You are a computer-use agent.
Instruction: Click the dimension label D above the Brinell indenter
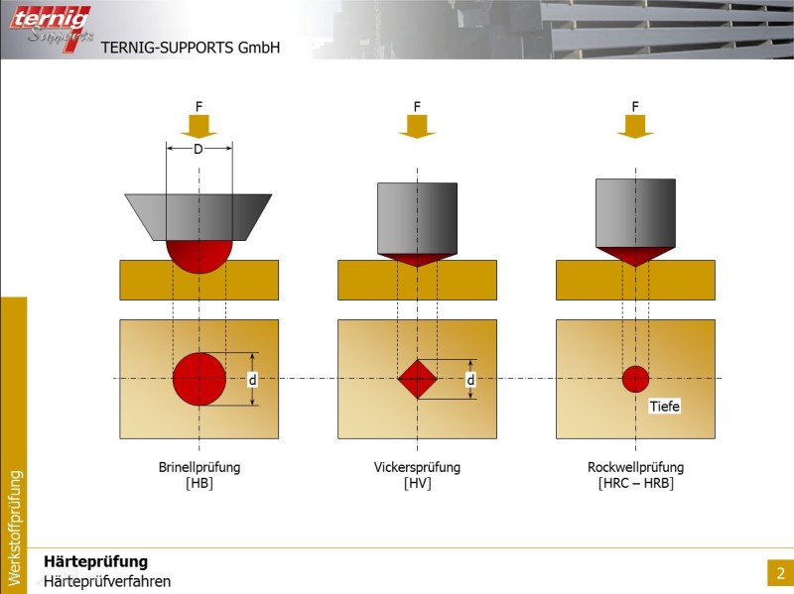click(x=198, y=150)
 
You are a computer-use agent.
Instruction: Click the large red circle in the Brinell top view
click(x=199, y=379)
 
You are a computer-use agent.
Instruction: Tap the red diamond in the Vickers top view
click(x=417, y=379)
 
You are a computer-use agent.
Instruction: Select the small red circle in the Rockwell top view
click(x=635, y=379)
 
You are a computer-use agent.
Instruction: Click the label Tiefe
click(x=665, y=406)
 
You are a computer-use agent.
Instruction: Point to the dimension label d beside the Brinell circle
click(x=253, y=379)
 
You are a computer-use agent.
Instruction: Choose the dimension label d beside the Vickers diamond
click(x=471, y=379)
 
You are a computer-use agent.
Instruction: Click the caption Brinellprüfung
click(x=199, y=467)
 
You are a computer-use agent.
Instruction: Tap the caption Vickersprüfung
click(x=417, y=467)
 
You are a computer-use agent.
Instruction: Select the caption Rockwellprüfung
click(x=635, y=467)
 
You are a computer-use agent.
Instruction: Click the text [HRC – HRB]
click(x=635, y=484)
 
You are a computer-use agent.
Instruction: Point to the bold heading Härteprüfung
click(x=95, y=562)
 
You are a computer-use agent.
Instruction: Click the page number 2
click(x=780, y=573)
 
